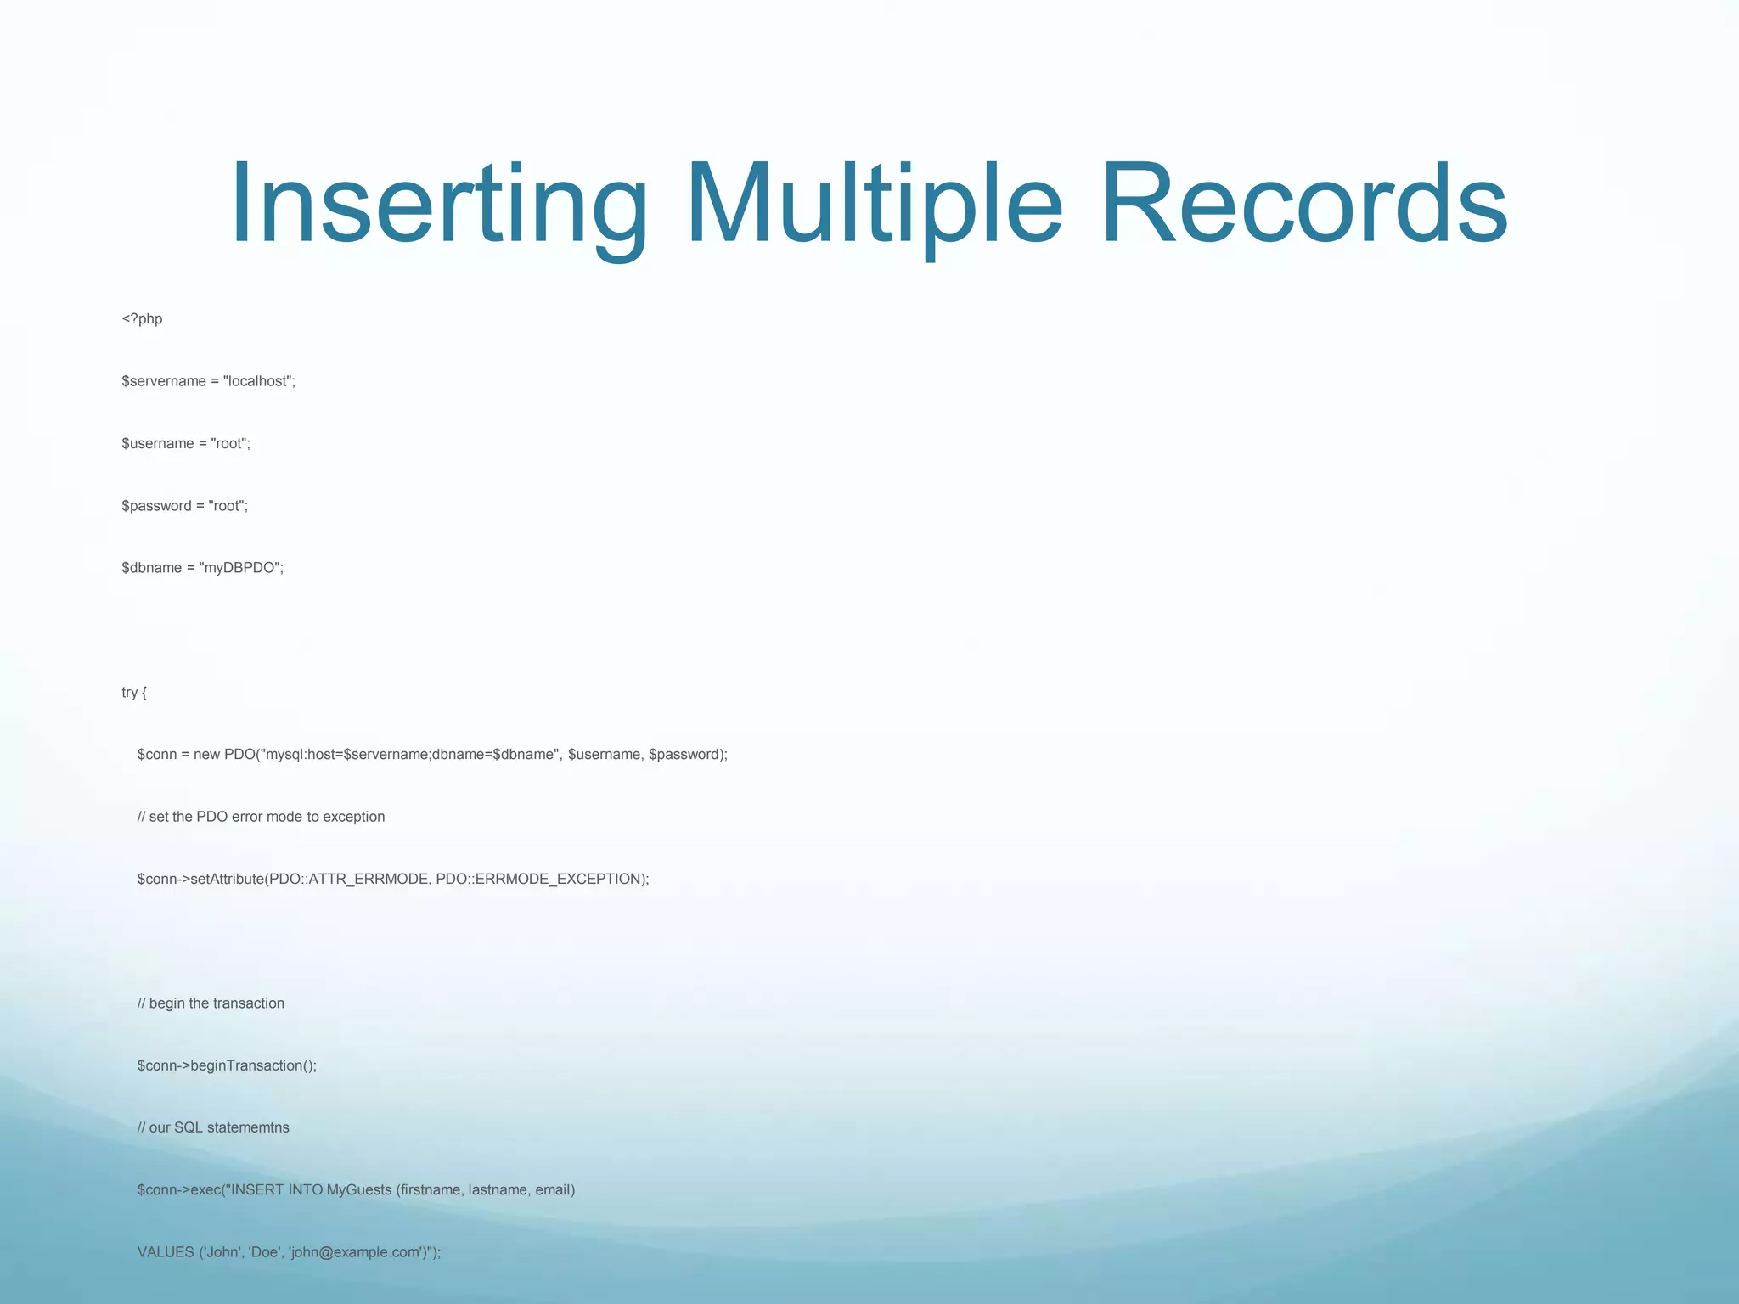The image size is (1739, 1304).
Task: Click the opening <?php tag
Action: pos(142,319)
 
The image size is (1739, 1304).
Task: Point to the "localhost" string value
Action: pos(257,381)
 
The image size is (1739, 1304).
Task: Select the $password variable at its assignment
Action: pos(156,506)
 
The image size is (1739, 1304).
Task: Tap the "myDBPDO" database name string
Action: pos(240,568)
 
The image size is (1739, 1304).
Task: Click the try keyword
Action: pos(129,693)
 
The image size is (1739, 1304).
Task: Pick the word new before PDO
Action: pos(206,755)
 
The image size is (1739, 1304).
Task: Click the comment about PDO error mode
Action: pos(261,817)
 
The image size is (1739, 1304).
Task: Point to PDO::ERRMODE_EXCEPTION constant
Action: pos(540,880)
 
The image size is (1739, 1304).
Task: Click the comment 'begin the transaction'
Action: pos(211,1003)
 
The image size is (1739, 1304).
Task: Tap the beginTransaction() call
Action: pos(252,1065)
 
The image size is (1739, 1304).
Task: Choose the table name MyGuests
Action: pos(358,1190)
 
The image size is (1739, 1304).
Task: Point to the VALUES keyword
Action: pos(166,1252)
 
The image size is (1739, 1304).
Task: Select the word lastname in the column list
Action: pos(497,1190)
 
